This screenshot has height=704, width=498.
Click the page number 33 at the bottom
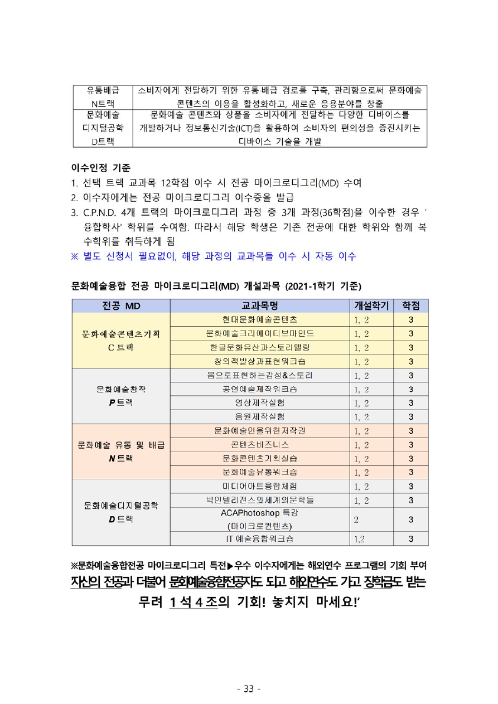point(249,689)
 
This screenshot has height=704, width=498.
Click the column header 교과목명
point(259,305)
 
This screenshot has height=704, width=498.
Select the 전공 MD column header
point(121,305)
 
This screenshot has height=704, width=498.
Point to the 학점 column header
point(410,305)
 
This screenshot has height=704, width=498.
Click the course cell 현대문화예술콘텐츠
point(259,319)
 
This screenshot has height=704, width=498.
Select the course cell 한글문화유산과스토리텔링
point(259,347)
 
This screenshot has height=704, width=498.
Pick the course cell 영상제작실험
point(259,402)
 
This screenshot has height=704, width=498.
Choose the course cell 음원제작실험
point(259,416)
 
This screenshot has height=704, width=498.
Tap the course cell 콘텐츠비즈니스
point(259,444)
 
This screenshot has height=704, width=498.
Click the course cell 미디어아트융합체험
point(259,486)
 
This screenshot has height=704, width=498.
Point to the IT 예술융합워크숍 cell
point(259,538)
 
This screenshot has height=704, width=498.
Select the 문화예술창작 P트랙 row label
point(121,396)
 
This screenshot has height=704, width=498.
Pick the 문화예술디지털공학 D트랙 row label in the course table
point(121,512)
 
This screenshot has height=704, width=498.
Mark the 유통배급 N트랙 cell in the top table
point(103,97)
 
